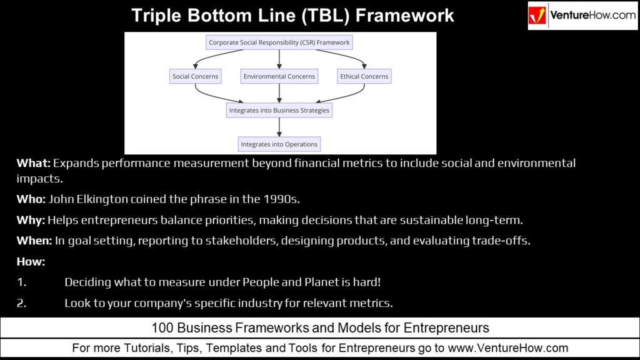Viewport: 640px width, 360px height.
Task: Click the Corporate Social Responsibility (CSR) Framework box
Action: tap(279, 43)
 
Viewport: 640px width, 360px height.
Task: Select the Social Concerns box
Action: tap(196, 76)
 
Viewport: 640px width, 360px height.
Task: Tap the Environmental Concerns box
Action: tap(279, 76)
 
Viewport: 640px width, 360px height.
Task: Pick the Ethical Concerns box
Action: tap(364, 76)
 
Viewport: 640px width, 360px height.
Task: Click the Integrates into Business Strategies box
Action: tap(279, 110)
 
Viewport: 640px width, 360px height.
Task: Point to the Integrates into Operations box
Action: tap(279, 144)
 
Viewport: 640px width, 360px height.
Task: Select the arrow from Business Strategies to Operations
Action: tap(279, 127)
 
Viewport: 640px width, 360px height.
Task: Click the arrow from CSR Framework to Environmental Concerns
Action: tap(279, 59)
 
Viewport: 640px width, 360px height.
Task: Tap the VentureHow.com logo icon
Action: tap(539, 16)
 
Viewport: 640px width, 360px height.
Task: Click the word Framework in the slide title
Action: tap(407, 15)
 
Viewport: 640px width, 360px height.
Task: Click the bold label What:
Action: tap(33, 164)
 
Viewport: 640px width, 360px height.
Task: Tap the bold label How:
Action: tap(31, 261)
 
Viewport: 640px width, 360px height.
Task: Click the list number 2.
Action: tap(21, 303)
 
